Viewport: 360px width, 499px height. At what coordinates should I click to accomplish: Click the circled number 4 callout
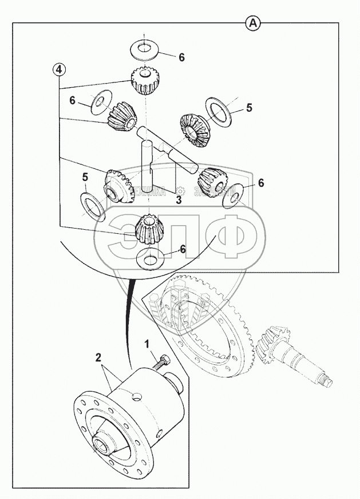pos(60,69)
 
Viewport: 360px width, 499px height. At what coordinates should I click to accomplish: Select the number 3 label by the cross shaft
pos(178,200)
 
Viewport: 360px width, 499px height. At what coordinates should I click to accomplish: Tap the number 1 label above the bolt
pos(147,344)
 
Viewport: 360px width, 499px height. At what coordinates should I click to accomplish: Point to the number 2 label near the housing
pos(98,356)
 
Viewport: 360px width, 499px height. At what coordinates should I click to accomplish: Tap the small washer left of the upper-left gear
pos(100,102)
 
